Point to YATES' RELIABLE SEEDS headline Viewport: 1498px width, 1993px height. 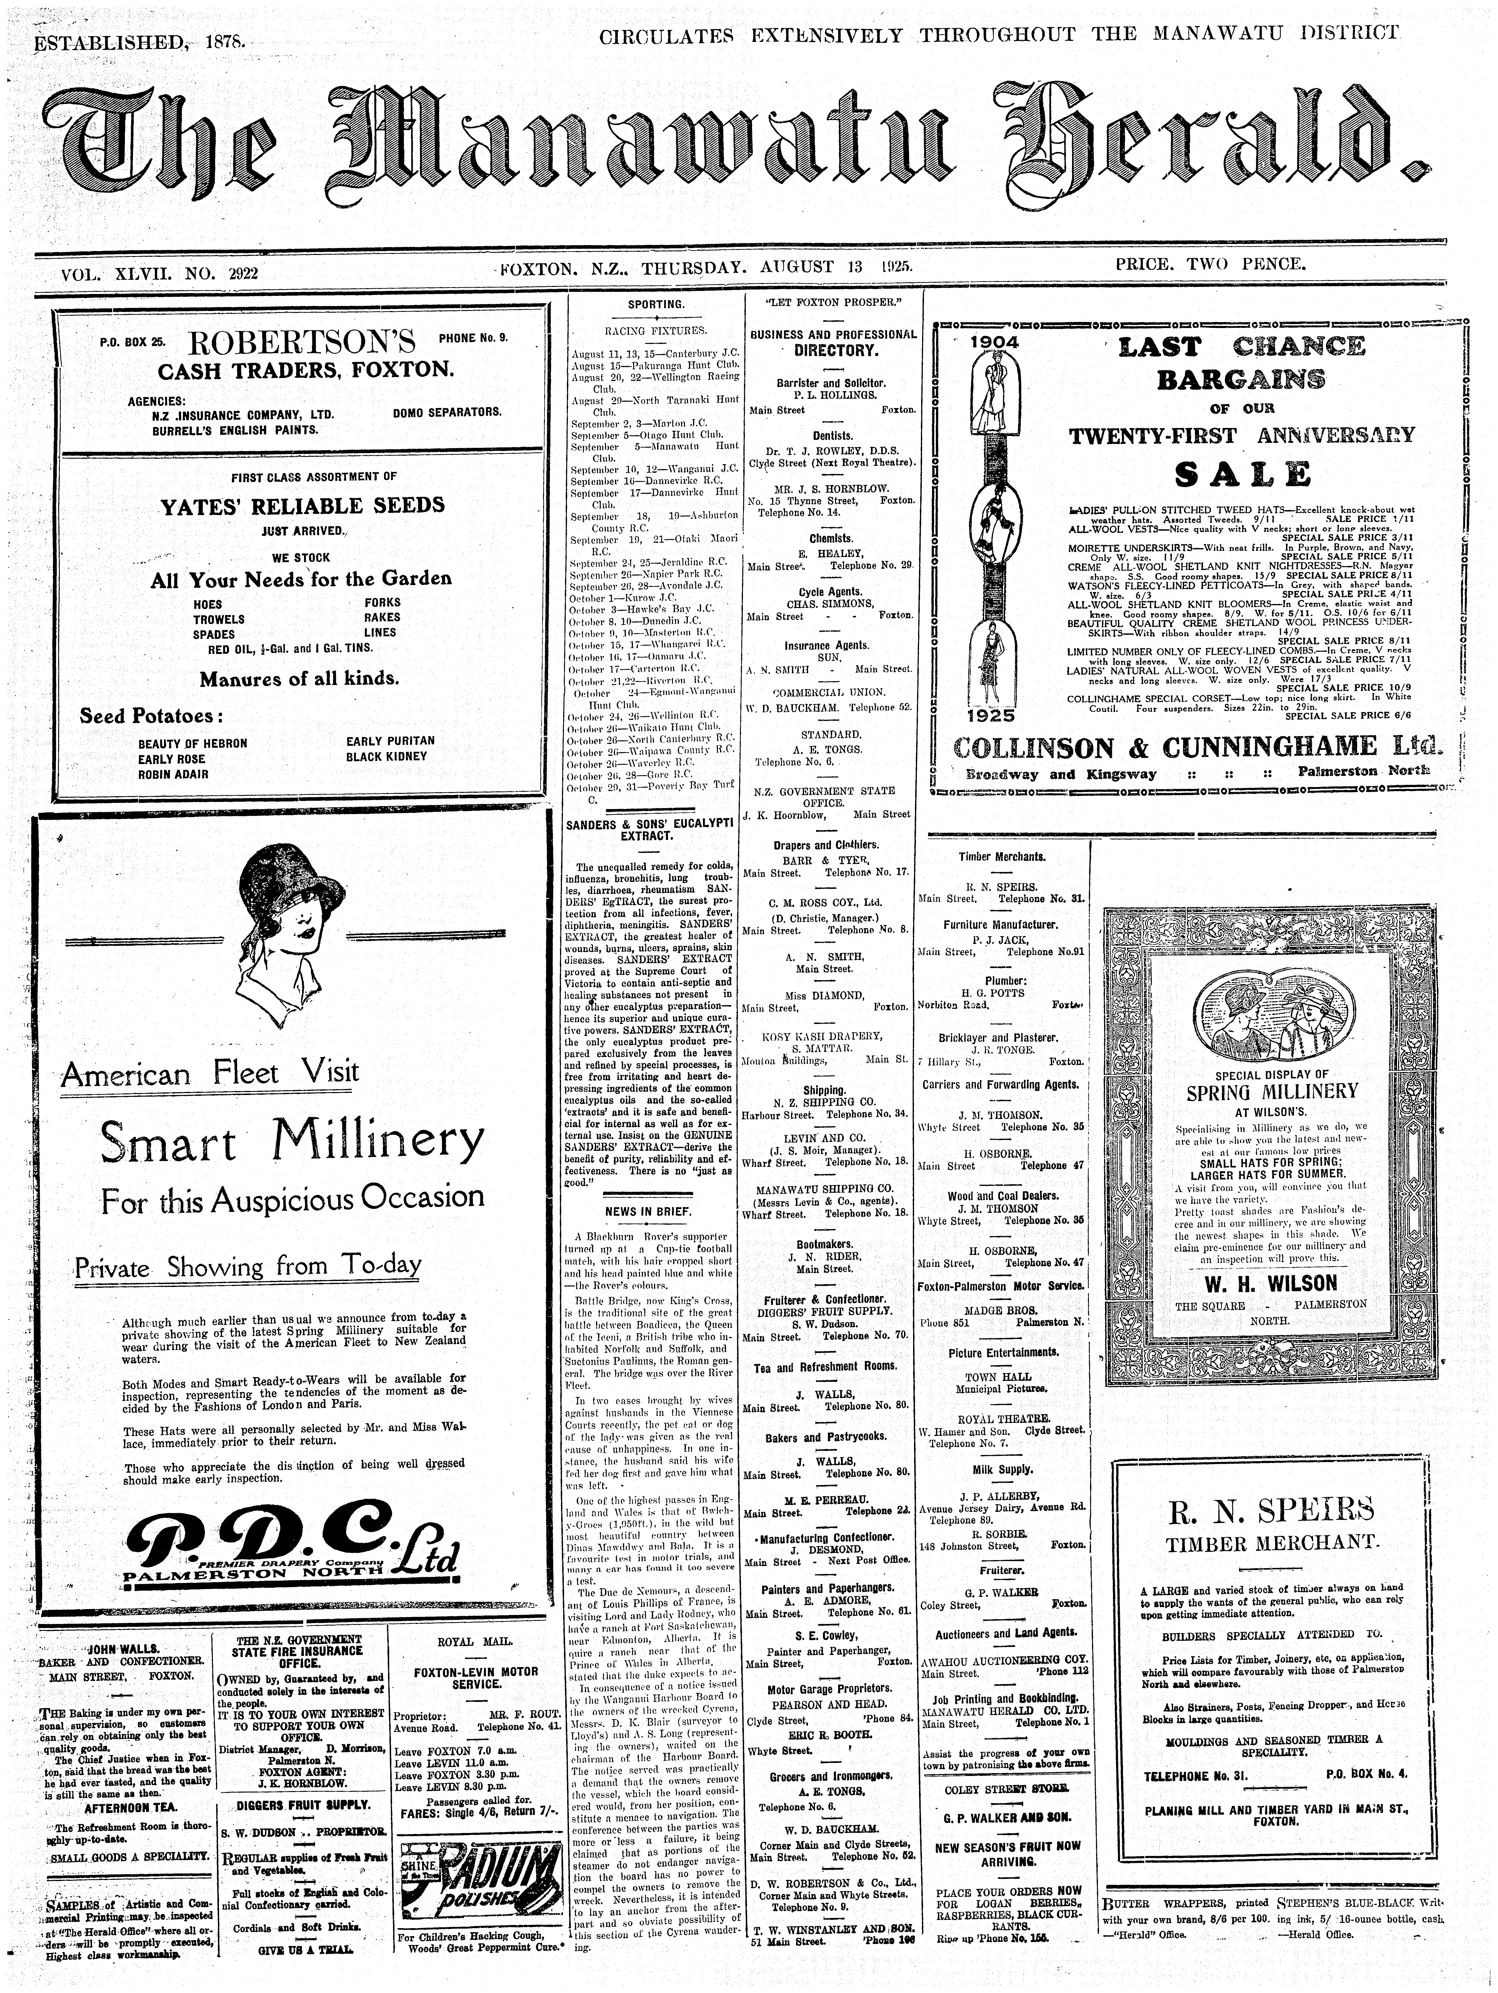(x=302, y=505)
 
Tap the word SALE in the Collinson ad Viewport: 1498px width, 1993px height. (x=1241, y=474)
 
